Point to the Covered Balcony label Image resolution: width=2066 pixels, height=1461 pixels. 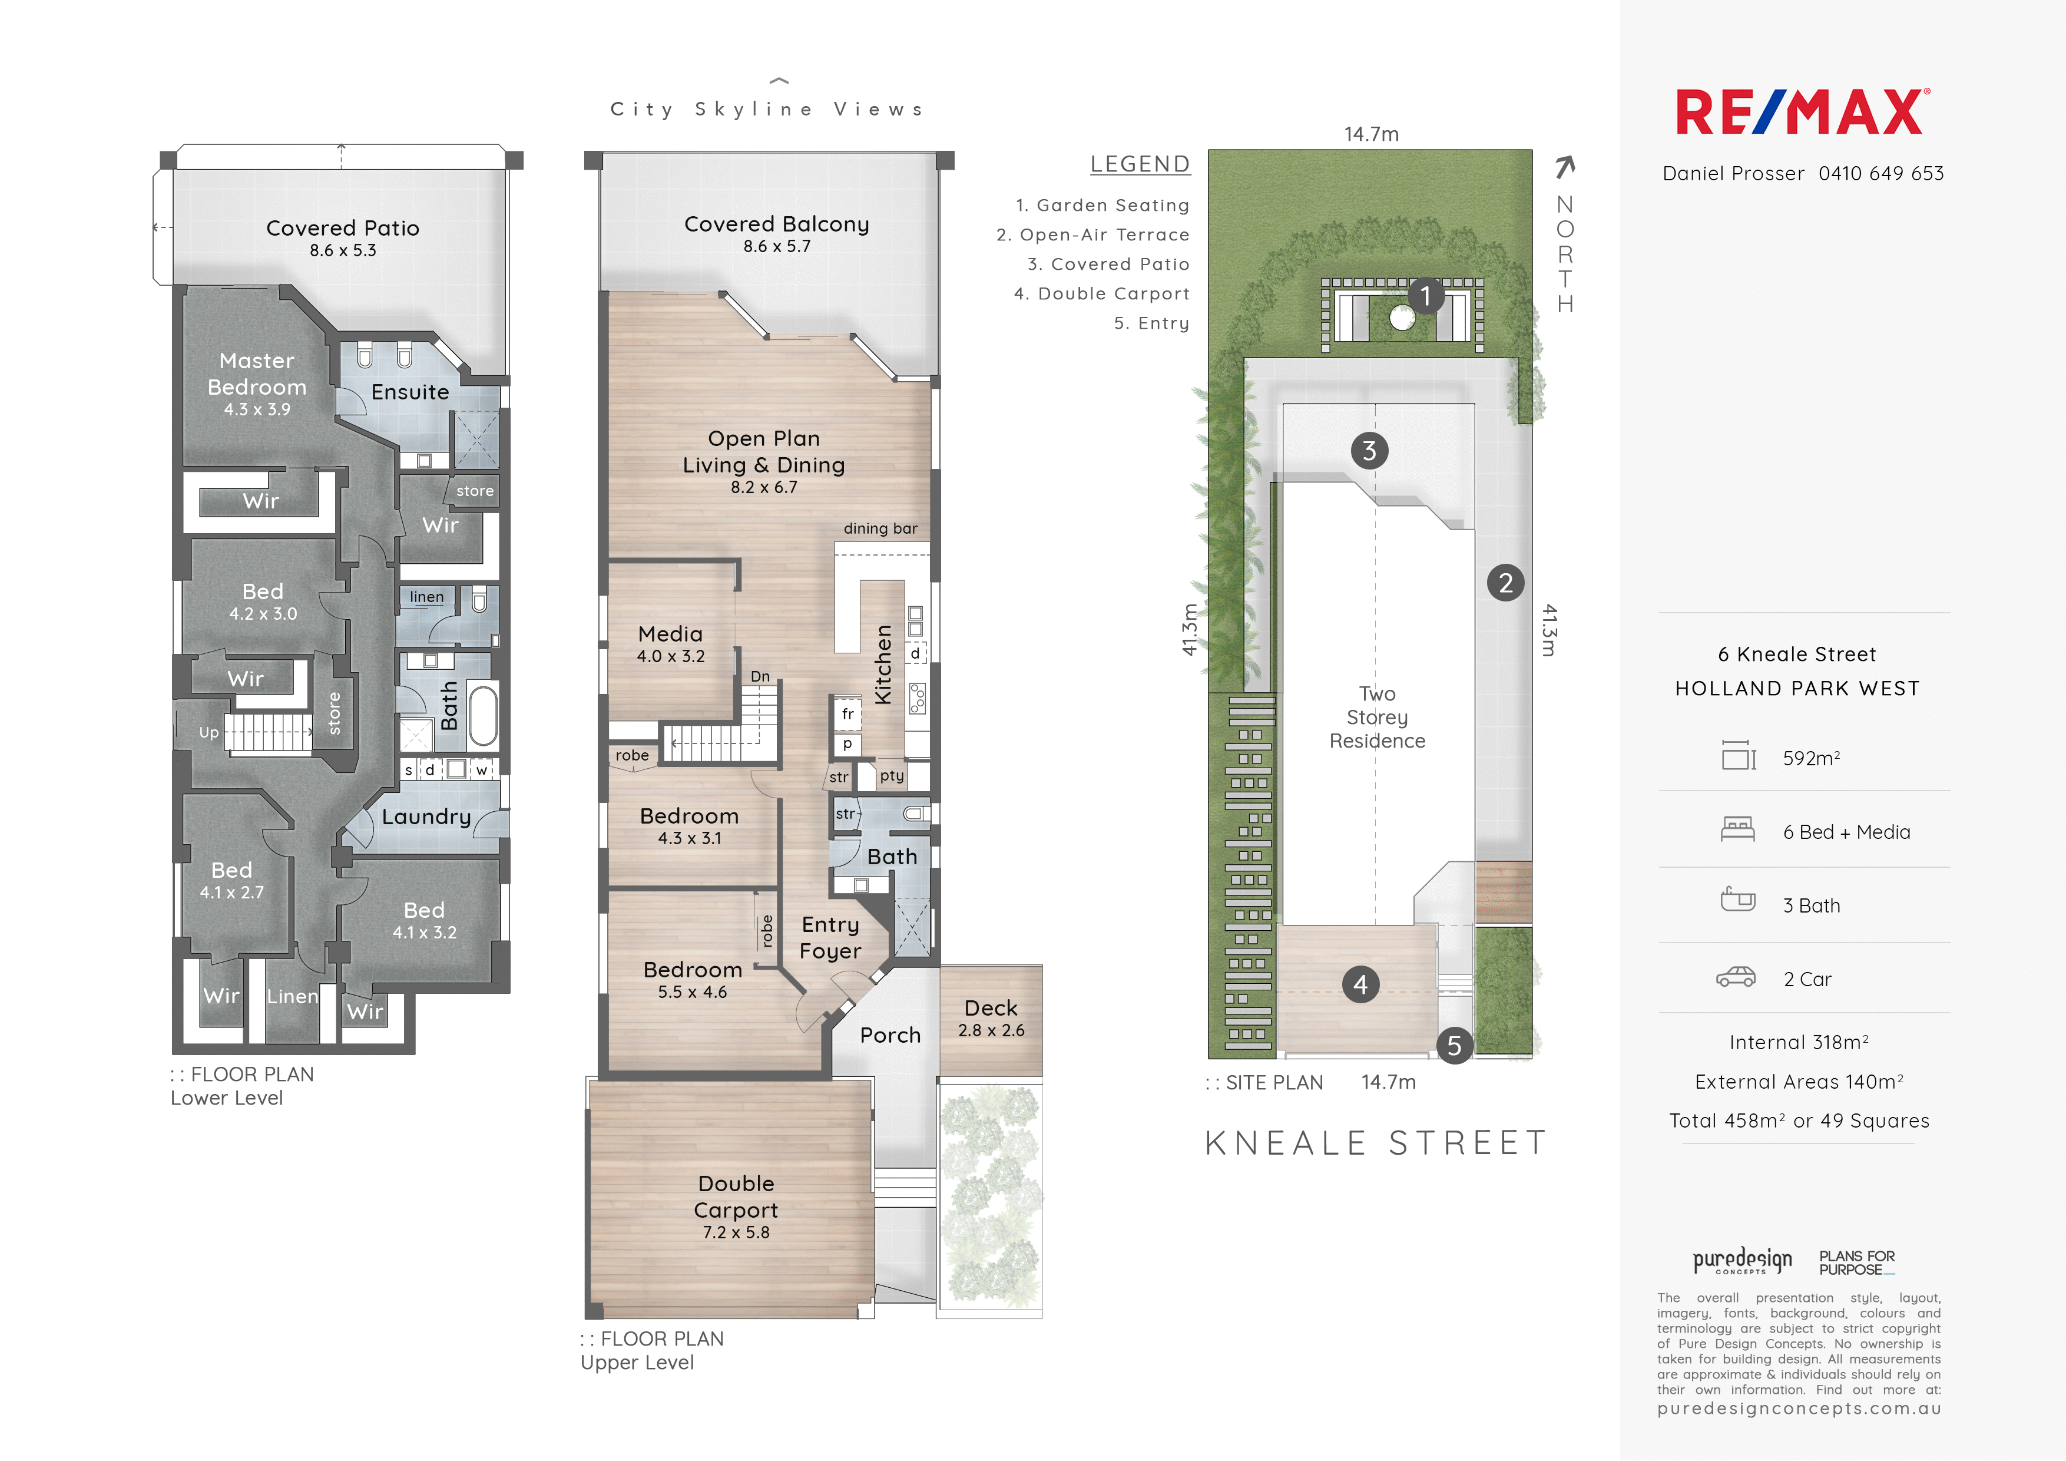click(777, 224)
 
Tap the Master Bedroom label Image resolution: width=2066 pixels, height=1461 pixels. click(257, 373)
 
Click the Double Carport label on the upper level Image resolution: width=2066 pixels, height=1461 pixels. click(736, 1196)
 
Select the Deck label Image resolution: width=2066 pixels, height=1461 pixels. click(991, 1008)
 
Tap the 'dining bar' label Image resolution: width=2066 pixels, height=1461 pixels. click(880, 528)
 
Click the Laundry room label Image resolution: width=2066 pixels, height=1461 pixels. click(426, 817)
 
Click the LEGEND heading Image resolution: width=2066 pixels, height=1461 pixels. click(1140, 164)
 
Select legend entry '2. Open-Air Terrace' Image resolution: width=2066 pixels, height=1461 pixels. click(1092, 235)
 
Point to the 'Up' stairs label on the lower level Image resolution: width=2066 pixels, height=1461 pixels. click(208, 733)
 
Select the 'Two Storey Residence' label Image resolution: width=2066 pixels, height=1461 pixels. click(1378, 718)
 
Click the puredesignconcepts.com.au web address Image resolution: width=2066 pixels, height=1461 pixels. click(1800, 1409)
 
